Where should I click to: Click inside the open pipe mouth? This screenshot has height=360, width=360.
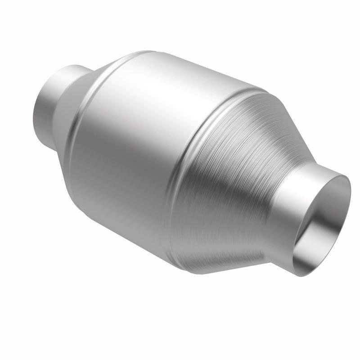[322, 225]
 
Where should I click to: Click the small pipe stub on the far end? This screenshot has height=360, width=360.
[45, 103]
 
